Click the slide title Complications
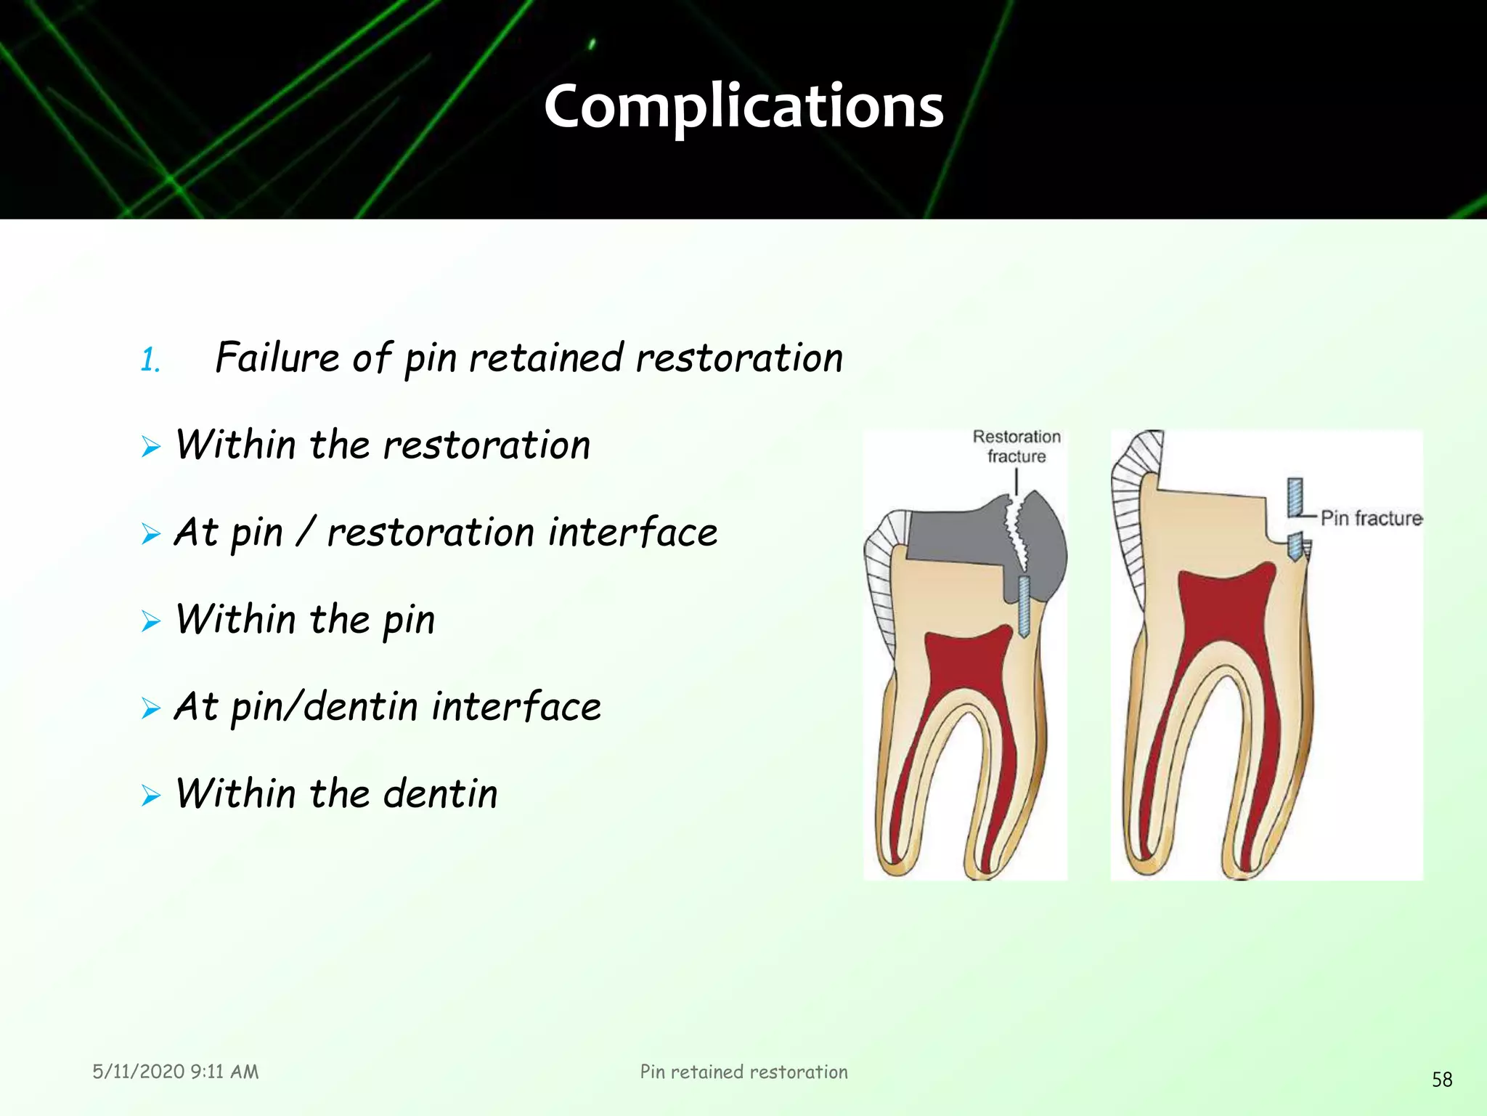point(743,107)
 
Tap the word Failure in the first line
point(277,357)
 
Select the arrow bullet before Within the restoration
point(151,446)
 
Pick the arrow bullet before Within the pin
point(151,620)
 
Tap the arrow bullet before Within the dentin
point(151,795)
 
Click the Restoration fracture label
point(1017,446)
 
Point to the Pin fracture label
point(1371,518)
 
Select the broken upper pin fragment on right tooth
point(1295,497)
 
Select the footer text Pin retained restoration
point(743,1072)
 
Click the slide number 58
point(1441,1080)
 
